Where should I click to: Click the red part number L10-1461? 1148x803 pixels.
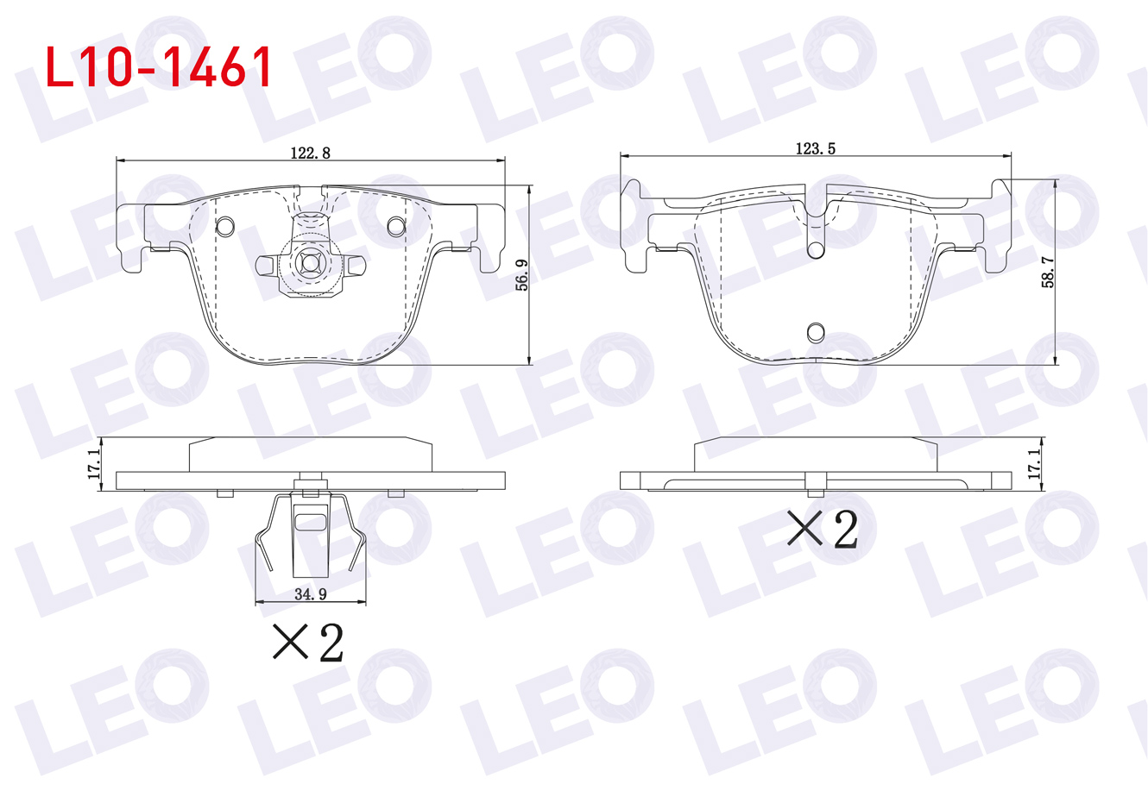(x=158, y=67)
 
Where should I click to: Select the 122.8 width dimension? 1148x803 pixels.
(x=310, y=154)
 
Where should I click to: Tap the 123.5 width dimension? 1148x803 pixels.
(x=816, y=148)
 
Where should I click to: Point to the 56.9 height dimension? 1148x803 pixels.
(x=521, y=275)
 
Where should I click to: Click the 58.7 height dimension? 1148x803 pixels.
(x=1048, y=272)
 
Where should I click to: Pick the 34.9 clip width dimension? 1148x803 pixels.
(x=311, y=594)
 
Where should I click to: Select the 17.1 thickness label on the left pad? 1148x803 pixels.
(x=94, y=464)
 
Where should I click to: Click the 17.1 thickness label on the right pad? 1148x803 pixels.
(x=1035, y=464)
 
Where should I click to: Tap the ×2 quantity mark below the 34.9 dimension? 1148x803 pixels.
(x=308, y=643)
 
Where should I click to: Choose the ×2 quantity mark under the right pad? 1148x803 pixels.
(x=823, y=530)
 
